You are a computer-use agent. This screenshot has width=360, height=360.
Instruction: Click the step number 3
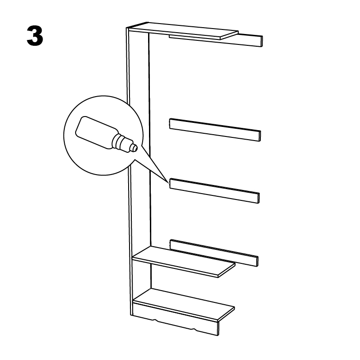35,36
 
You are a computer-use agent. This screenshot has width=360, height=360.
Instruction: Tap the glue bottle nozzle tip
135,148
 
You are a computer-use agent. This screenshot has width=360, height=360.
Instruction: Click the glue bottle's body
95,132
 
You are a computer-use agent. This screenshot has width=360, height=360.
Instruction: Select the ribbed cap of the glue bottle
120,142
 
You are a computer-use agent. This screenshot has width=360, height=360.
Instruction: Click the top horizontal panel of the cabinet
184,30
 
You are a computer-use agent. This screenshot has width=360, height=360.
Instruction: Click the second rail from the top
215,130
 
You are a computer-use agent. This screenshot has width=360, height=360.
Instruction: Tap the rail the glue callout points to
215,191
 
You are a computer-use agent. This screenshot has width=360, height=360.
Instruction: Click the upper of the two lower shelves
184,261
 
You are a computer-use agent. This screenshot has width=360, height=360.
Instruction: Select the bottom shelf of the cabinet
184,303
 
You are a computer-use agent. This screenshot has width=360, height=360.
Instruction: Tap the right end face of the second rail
260,136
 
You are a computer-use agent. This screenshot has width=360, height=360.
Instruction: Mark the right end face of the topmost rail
262,41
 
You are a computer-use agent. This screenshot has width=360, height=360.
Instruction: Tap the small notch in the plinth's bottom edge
154,320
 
